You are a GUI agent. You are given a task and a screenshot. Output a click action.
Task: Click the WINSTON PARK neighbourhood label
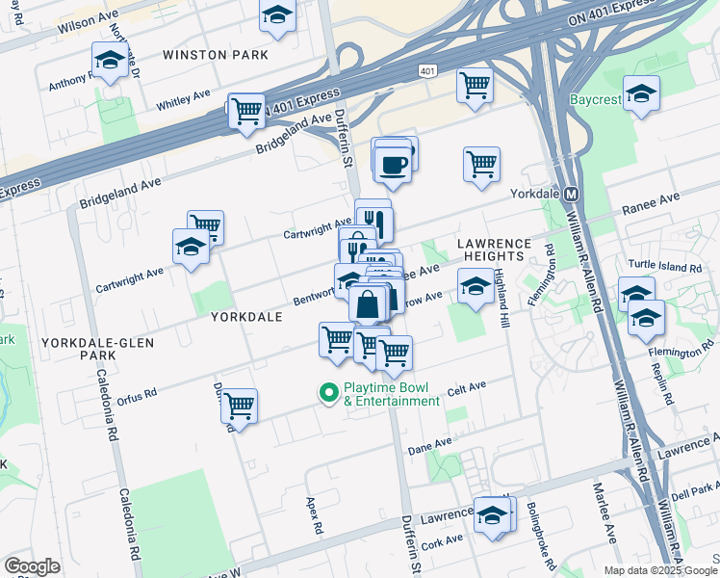216,55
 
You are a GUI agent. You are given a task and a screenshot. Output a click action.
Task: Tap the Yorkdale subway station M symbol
569,193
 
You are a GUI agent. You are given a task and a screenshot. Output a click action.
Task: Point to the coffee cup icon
393,164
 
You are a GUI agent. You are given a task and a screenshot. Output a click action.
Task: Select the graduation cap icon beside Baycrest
641,93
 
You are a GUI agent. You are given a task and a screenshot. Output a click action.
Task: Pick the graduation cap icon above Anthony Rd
110,60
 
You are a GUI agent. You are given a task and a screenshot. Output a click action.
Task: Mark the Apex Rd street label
312,517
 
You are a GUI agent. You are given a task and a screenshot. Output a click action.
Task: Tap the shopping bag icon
369,303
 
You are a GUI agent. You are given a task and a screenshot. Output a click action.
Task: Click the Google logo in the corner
32,565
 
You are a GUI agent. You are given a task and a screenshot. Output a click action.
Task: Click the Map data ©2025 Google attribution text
660,570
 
